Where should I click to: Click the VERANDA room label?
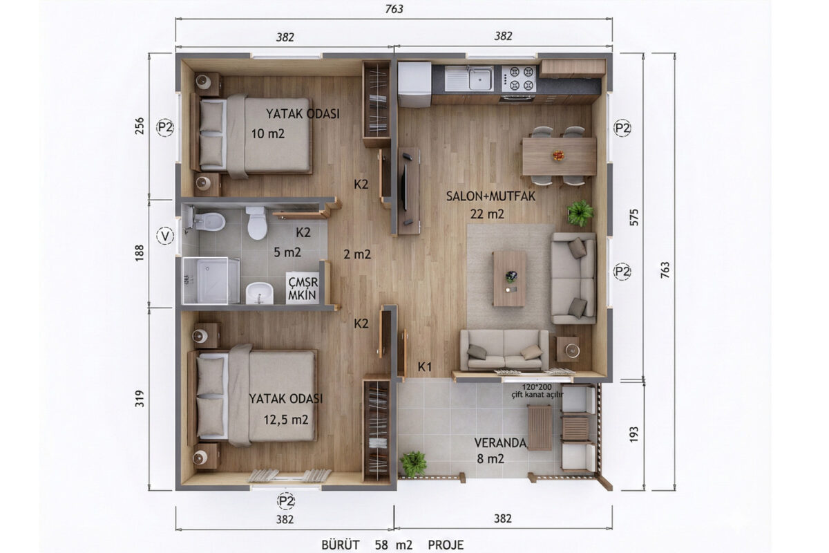pyautogui.click(x=500, y=443)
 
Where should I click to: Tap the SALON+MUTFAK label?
pyautogui.click(x=490, y=196)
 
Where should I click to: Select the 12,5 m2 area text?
pyautogui.click(x=286, y=420)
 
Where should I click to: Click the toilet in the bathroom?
pyautogui.click(x=256, y=223)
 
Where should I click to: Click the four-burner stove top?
pyautogui.click(x=519, y=79)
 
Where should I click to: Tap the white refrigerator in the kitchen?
pyautogui.click(x=414, y=84)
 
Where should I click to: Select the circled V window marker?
pyautogui.click(x=165, y=236)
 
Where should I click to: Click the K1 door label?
pyautogui.click(x=425, y=366)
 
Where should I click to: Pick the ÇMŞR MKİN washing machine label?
pyautogui.click(x=303, y=288)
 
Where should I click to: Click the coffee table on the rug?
pyautogui.click(x=510, y=279)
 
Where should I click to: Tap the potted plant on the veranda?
pyautogui.click(x=412, y=463)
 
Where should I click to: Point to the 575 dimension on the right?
pyautogui.click(x=634, y=218)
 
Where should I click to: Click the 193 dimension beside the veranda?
pyautogui.click(x=633, y=435)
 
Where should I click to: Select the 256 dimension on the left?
pyautogui.click(x=139, y=126)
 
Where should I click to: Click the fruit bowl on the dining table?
pyautogui.click(x=558, y=156)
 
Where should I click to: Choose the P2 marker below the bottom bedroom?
pyautogui.click(x=286, y=501)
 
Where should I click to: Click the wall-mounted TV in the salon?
pyautogui.click(x=405, y=188)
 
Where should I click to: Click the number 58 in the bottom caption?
pyautogui.click(x=381, y=545)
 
